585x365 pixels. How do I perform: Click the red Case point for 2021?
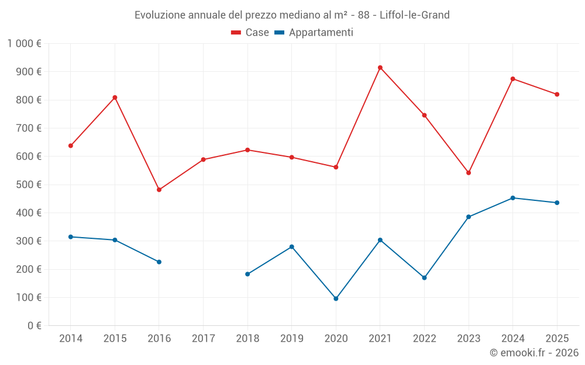[x=380, y=68]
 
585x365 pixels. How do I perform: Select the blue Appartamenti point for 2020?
[x=336, y=298]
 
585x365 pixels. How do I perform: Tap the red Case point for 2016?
[x=159, y=190]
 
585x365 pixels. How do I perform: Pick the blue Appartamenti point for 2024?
[x=513, y=198]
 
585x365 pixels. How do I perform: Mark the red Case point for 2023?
[x=469, y=173]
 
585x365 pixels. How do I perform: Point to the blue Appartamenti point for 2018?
[x=247, y=274]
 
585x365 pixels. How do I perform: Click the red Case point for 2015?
[x=115, y=98]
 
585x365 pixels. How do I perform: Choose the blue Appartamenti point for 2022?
[x=424, y=277]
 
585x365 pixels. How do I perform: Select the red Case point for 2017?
[x=203, y=159]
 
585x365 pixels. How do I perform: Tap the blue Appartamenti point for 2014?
[x=71, y=237]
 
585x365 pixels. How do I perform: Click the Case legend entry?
[x=250, y=33]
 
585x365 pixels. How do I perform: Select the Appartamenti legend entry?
[x=314, y=33]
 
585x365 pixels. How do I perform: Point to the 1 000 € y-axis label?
[x=25, y=44]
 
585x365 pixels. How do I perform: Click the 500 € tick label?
[x=30, y=185]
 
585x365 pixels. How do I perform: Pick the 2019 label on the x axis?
[x=292, y=339]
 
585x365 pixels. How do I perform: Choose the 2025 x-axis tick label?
[x=557, y=339]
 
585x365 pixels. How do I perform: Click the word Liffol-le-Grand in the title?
[x=415, y=15]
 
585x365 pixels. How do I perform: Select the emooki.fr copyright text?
[x=534, y=353]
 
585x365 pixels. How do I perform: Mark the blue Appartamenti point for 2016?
[x=159, y=262]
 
